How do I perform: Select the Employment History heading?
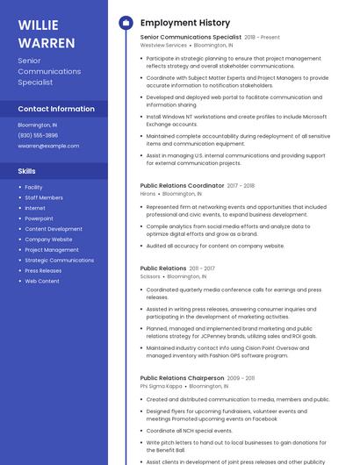click(x=184, y=23)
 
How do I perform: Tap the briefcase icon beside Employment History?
click(x=125, y=23)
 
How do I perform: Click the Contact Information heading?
click(x=56, y=109)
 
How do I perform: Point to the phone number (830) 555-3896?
click(x=38, y=135)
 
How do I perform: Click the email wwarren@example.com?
click(x=48, y=146)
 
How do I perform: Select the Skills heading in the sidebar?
click(x=26, y=171)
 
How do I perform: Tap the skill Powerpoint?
click(x=39, y=218)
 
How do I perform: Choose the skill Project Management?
click(x=51, y=250)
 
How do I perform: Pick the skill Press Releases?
click(x=43, y=271)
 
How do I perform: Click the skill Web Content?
click(x=41, y=282)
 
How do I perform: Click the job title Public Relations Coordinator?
click(x=182, y=186)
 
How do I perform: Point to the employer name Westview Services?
click(x=163, y=45)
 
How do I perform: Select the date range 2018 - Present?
click(x=262, y=38)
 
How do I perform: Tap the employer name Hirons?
click(x=148, y=194)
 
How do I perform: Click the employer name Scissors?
click(x=150, y=276)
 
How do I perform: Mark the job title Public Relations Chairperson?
click(x=182, y=378)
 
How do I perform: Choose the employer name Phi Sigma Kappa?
click(x=161, y=386)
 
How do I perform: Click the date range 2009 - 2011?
click(x=241, y=378)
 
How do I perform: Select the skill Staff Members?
click(x=44, y=197)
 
